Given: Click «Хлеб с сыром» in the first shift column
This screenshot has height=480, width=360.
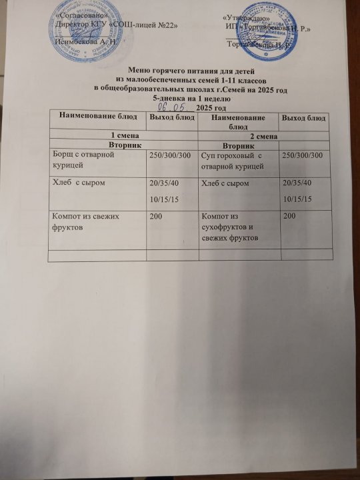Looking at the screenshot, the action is (79, 183).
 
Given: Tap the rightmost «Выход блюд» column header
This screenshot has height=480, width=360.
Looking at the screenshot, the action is (304, 118).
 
